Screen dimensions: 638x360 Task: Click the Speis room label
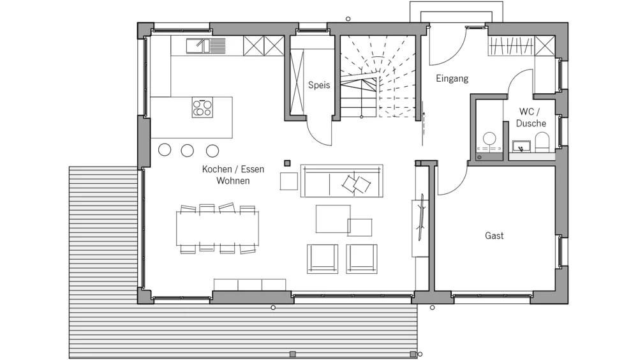(x=318, y=85)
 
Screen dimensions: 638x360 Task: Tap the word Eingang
(x=452, y=78)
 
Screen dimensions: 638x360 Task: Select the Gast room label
(x=494, y=236)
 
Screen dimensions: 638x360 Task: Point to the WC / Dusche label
(x=531, y=117)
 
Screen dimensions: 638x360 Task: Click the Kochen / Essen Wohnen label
(x=233, y=175)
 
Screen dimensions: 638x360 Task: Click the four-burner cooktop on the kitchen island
(x=202, y=107)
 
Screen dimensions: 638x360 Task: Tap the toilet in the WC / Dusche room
(x=542, y=143)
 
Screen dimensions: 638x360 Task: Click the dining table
(x=218, y=229)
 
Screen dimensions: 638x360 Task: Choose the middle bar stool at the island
(x=187, y=151)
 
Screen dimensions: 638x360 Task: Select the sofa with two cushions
(x=342, y=181)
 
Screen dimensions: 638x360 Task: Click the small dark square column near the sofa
(x=287, y=163)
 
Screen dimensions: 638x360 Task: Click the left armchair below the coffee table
(x=322, y=259)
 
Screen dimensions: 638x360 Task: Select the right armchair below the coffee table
(x=361, y=259)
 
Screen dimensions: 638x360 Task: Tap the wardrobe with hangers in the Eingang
(x=511, y=46)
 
